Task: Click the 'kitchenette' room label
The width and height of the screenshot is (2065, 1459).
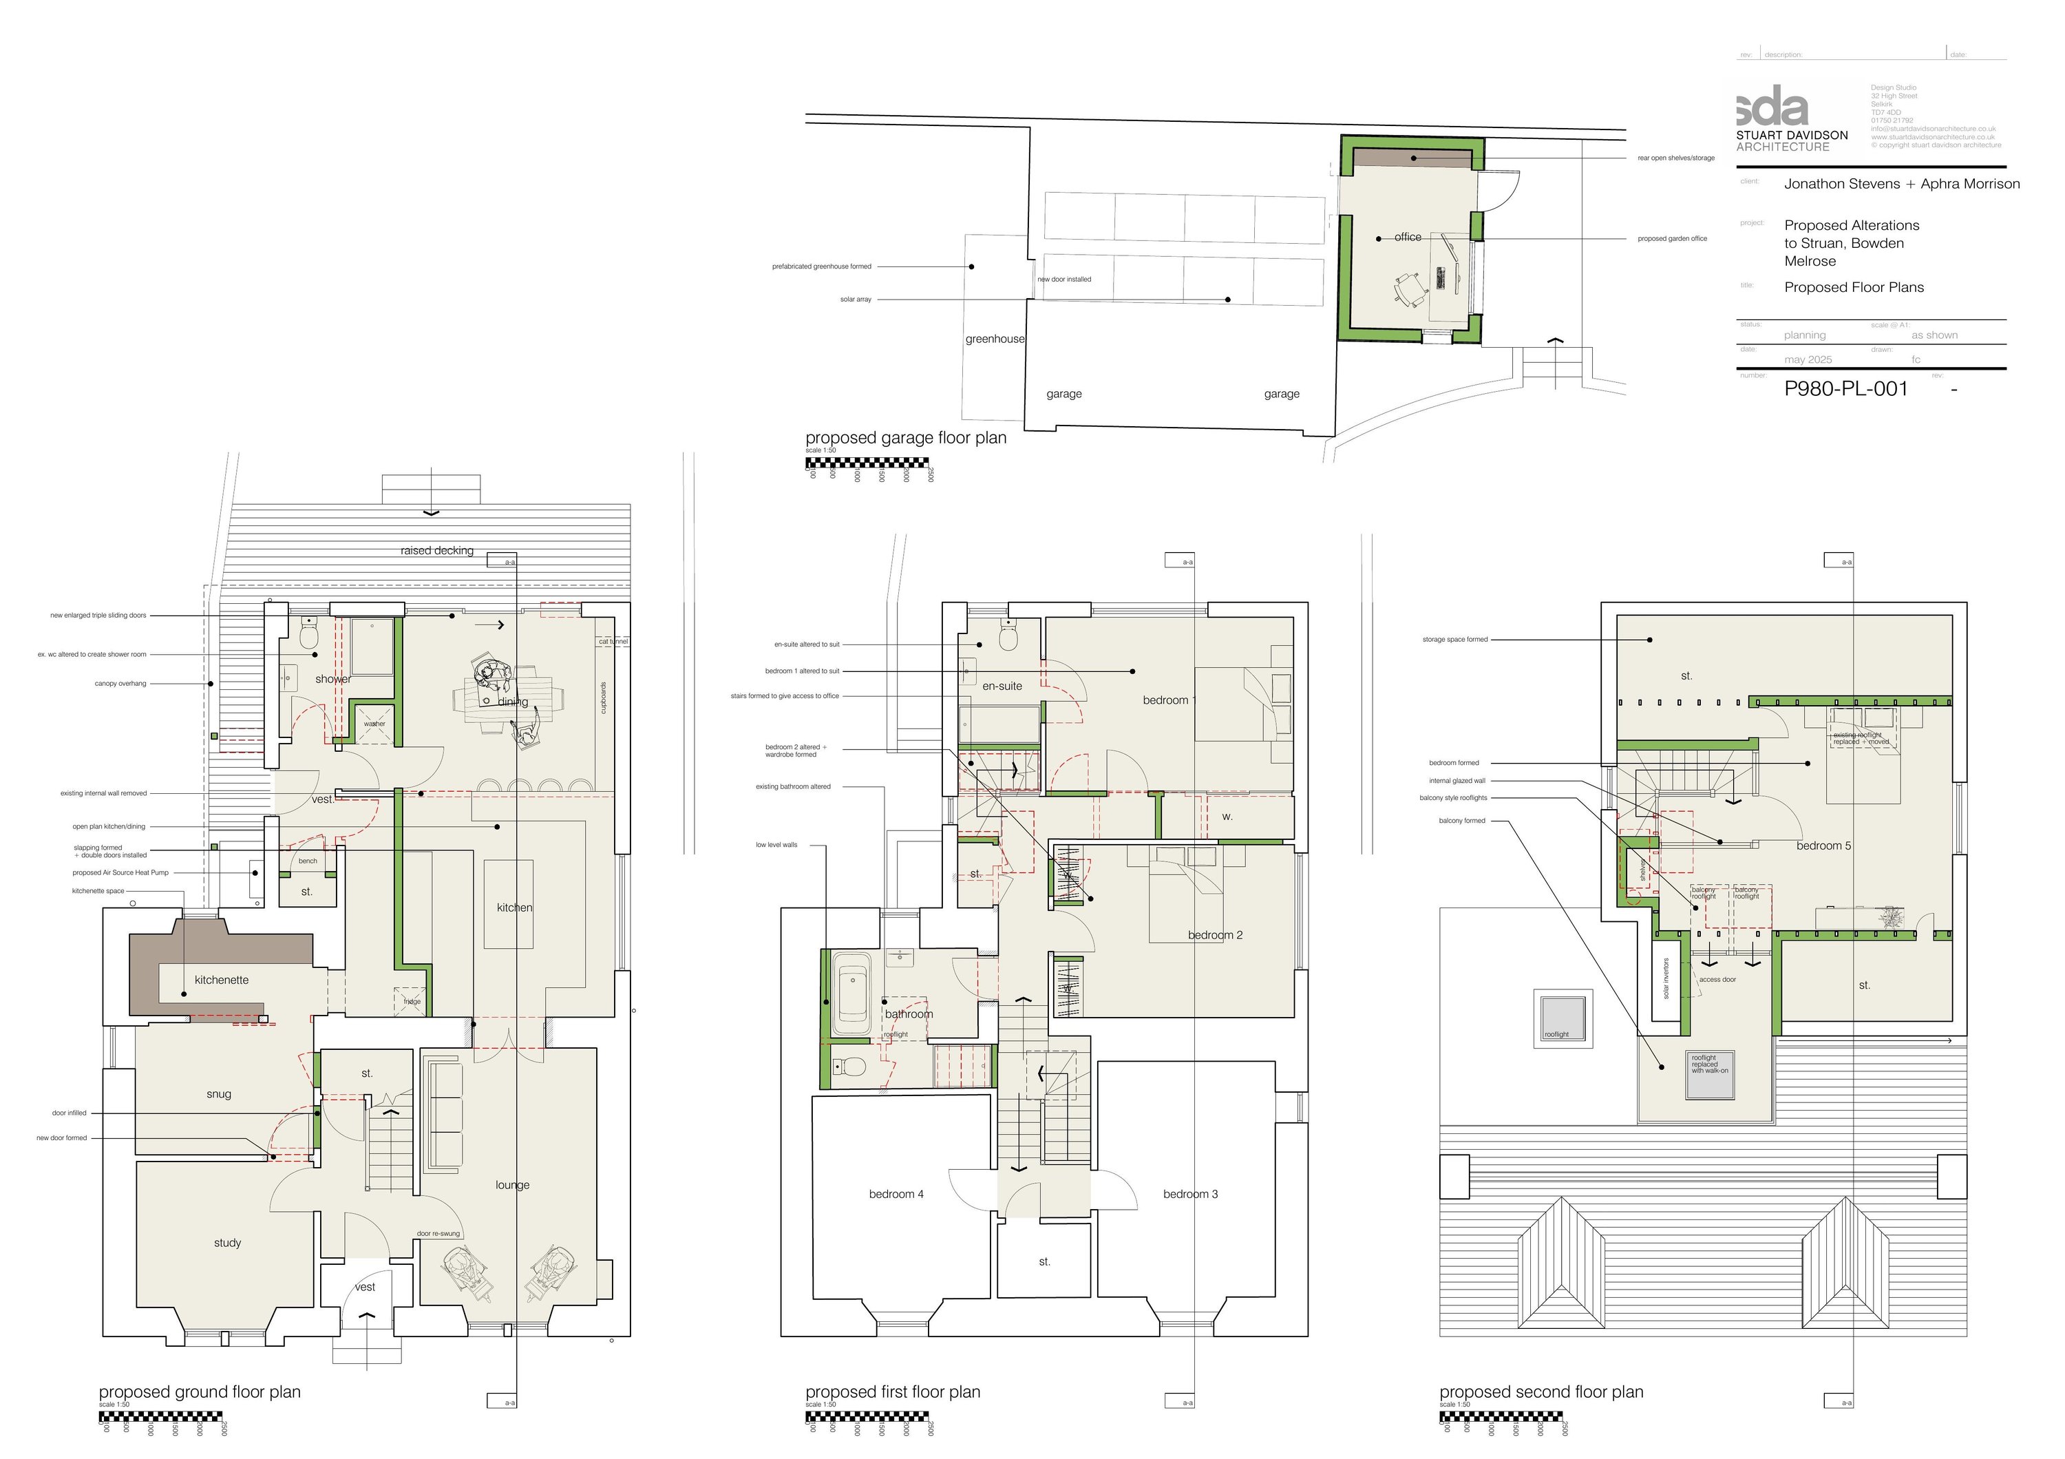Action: pyautogui.click(x=221, y=980)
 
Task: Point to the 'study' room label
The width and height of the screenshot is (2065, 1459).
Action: pyautogui.click(x=228, y=1242)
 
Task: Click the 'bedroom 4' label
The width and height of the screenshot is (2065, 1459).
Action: pyautogui.click(x=896, y=1194)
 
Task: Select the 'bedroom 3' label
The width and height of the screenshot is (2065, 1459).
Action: pyautogui.click(x=1190, y=1194)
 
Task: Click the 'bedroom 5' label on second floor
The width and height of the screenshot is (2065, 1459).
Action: pyautogui.click(x=1823, y=846)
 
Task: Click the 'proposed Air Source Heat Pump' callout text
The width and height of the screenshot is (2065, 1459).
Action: pyautogui.click(x=120, y=872)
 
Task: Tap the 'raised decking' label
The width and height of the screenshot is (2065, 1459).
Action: pyautogui.click(x=437, y=551)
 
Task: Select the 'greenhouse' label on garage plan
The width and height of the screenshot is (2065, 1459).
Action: pyautogui.click(x=995, y=339)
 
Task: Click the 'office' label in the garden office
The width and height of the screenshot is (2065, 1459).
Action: pyautogui.click(x=1408, y=238)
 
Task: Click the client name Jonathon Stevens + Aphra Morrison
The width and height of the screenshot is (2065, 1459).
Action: pyautogui.click(x=1901, y=184)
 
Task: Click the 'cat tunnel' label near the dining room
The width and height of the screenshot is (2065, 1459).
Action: pyautogui.click(x=613, y=641)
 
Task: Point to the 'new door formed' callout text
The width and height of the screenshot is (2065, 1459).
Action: pyautogui.click(x=62, y=1138)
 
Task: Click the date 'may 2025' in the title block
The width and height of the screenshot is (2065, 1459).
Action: pyautogui.click(x=1808, y=360)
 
